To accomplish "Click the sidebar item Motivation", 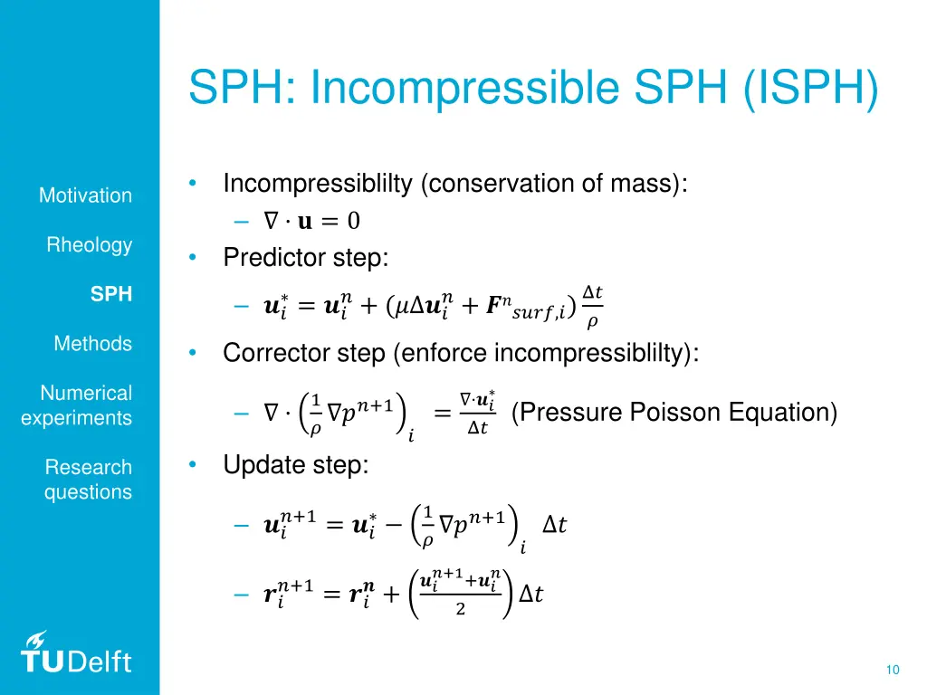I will (85, 195).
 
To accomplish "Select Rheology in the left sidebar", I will (90, 245).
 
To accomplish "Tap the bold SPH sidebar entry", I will (111, 294).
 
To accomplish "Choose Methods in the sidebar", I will (92, 344).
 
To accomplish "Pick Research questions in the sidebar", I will (88, 480).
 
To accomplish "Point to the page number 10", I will (893, 670).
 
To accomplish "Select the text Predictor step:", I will (306, 258).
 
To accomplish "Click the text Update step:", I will (296, 465).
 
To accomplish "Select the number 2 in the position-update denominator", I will (460, 610).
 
